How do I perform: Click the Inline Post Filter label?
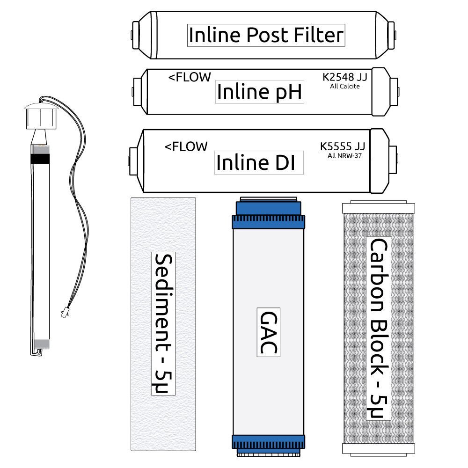(x=266, y=35)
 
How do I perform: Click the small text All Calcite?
(x=345, y=87)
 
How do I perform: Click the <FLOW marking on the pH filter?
(x=190, y=77)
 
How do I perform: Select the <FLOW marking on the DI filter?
(x=186, y=146)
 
